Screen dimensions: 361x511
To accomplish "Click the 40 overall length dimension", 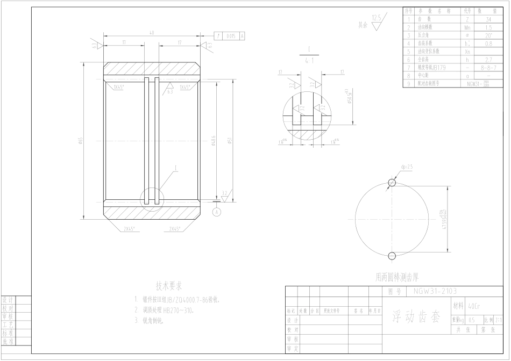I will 152,32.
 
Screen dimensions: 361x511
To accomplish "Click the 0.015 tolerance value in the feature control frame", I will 231,36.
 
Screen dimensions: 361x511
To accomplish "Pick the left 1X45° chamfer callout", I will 119,86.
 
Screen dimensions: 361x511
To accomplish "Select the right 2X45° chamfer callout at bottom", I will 174,229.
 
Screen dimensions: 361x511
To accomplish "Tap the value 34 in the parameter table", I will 487,18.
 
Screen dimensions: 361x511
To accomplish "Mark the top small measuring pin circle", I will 392,183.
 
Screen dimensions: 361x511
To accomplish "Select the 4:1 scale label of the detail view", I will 309,61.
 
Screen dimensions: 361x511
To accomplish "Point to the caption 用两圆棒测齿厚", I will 396,278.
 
